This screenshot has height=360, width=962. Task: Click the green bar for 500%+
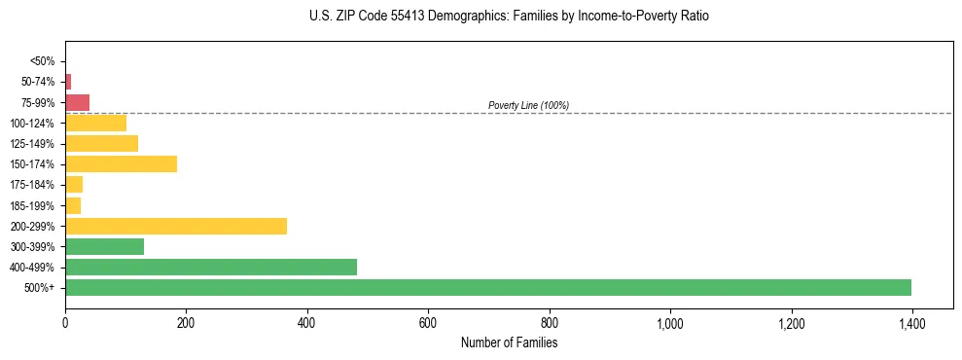pyautogui.click(x=487, y=287)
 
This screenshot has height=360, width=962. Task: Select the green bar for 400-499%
pyautogui.click(x=211, y=267)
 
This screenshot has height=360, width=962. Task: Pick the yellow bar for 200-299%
pyautogui.click(x=176, y=226)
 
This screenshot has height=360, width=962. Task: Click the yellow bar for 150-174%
pyautogui.click(x=121, y=163)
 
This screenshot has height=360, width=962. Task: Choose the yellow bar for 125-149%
pyautogui.click(x=101, y=143)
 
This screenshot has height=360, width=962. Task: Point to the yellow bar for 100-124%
pyautogui.click(x=95, y=123)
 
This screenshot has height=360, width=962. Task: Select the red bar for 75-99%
pyautogui.click(x=77, y=102)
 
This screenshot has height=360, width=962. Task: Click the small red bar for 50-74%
pyautogui.click(x=68, y=82)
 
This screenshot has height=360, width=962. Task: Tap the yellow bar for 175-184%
pyautogui.click(x=74, y=184)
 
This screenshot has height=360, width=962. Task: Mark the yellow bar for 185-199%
pyautogui.click(x=73, y=205)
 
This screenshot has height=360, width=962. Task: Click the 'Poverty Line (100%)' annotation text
pyautogui.click(x=528, y=105)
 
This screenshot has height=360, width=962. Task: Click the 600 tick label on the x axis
pyautogui.click(x=428, y=323)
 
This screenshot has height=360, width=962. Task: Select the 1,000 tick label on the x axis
pyautogui.click(x=670, y=323)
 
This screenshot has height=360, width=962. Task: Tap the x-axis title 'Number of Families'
pyautogui.click(x=509, y=342)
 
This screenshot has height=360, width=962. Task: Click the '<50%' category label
pyautogui.click(x=43, y=61)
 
